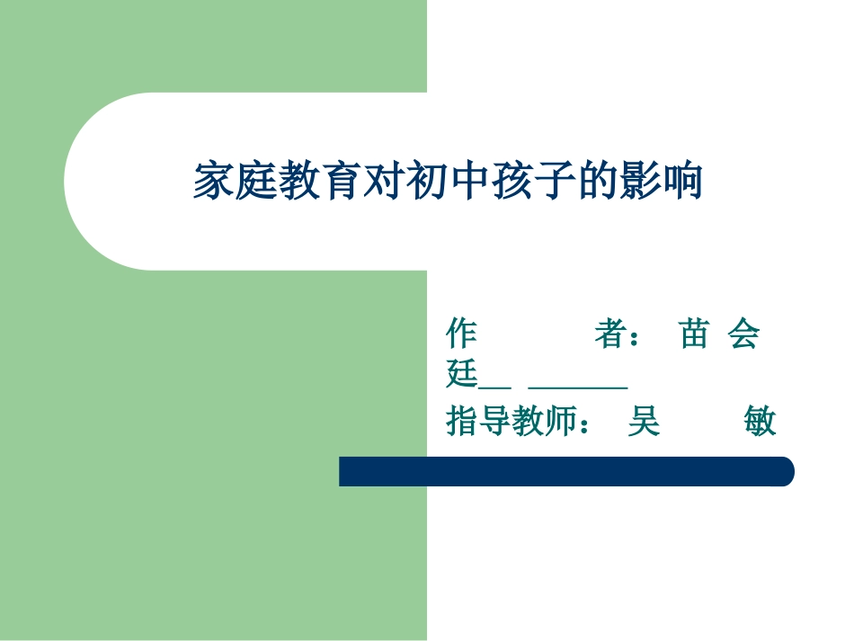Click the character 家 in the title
pyautogui.click(x=214, y=182)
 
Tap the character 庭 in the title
pyautogui.click(x=256, y=182)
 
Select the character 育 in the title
pyautogui.click(x=342, y=182)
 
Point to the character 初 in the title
pyautogui.click(x=426, y=182)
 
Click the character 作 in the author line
pyautogui.click(x=462, y=334)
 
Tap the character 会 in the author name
pyautogui.click(x=743, y=334)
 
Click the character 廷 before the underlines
pyautogui.click(x=462, y=374)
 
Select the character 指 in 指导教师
pyautogui.click(x=462, y=421)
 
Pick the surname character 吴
pyautogui.click(x=644, y=421)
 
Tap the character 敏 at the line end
pyautogui.click(x=760, y=421)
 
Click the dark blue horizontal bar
pyautogui.click(x=566, y=471)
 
